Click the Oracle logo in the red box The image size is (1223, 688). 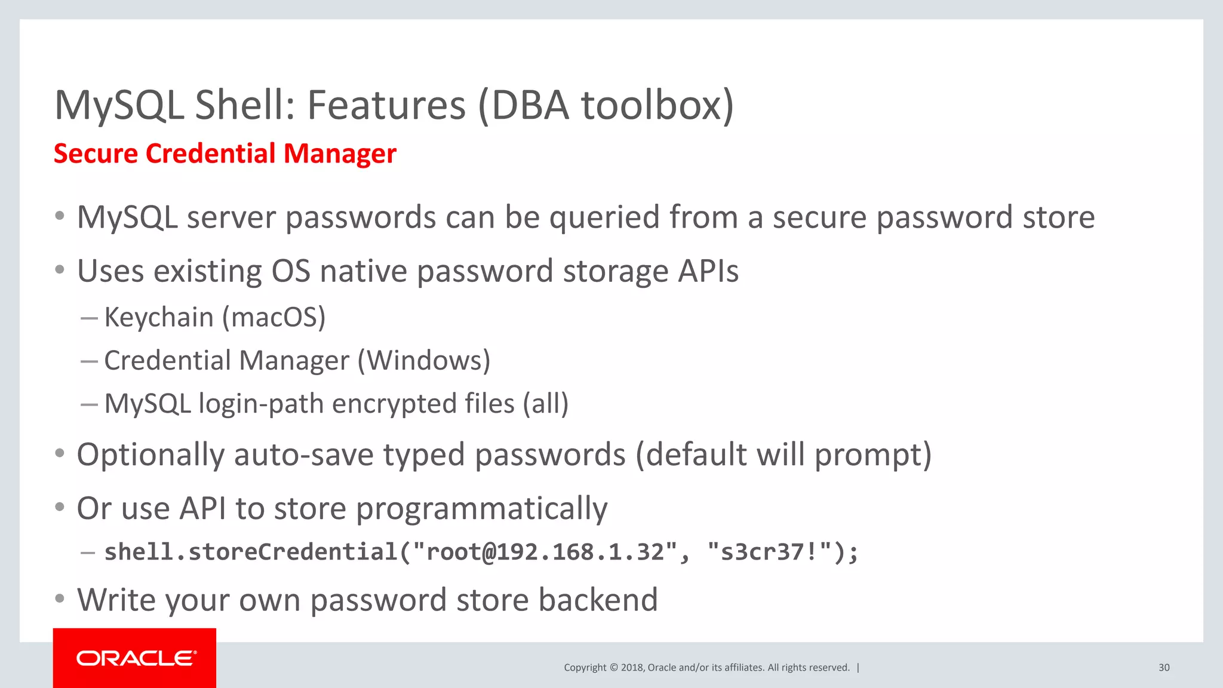point(135,658)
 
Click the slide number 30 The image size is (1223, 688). point(1164,668)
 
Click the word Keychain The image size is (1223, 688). point(159,317)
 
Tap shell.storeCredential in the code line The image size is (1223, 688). point(251,552)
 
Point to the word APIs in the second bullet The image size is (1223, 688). point(708,271)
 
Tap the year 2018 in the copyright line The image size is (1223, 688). point(632,668)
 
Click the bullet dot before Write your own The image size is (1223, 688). point(60,598)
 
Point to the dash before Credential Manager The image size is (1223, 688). point(89,361)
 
